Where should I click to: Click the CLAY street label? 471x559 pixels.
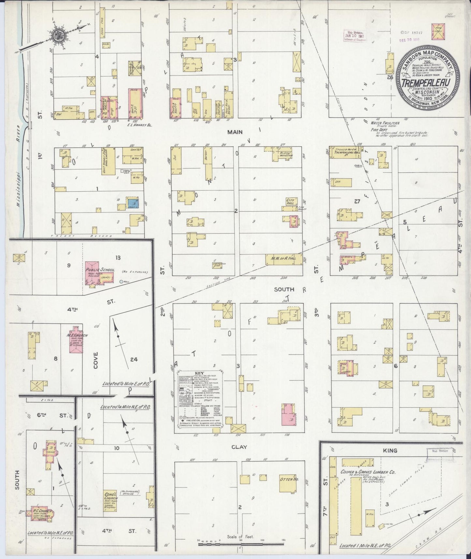pyautogui.click(x=239, y=447)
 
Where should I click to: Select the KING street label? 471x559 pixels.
pyautogui.click(x=390, y=450)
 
